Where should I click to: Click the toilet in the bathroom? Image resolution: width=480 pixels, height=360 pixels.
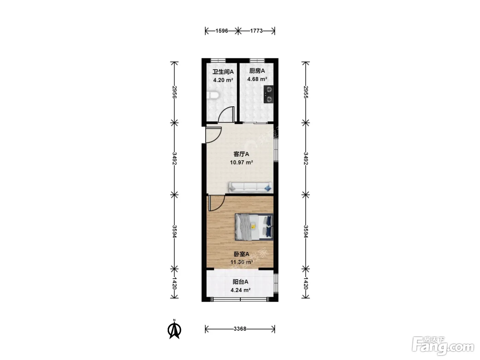[213, 95]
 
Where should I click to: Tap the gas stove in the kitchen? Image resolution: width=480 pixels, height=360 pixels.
[268, 94]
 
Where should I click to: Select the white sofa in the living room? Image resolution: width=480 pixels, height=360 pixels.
[250, 187]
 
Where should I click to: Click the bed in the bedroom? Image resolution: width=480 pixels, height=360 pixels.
[254, 227]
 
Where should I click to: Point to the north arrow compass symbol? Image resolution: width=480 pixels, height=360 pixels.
[174, 329]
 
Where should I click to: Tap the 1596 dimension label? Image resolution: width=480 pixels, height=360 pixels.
[222, 31]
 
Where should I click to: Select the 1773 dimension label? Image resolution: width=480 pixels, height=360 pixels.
[256, 31]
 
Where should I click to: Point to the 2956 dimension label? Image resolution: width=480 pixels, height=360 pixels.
[174, 92]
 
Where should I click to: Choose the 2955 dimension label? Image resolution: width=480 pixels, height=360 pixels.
[306, 92]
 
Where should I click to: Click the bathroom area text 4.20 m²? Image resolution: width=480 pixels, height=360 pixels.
[223, 80]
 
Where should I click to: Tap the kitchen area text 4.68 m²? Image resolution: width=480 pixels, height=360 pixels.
[257, 79]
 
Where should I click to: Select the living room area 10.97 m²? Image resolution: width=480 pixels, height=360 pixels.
[241, 163]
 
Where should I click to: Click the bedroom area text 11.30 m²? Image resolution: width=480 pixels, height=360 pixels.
[241, 262]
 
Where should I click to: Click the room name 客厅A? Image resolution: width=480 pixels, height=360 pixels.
[241, 154]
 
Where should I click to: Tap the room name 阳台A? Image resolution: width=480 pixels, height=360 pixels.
[240, 282]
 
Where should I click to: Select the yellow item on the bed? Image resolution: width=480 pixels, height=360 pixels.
[253, 226]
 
